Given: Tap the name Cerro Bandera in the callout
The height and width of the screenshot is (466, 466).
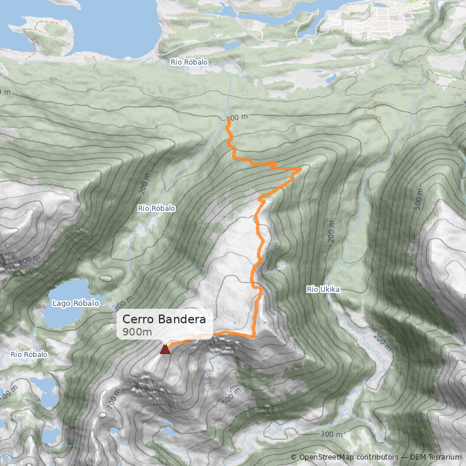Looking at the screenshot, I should [164, 320].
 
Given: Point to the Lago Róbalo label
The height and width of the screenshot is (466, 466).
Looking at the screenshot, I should [76, 303].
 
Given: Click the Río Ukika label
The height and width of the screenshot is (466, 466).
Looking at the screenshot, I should [323, 289].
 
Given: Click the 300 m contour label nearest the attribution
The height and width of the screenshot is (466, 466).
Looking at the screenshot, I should [331, 435].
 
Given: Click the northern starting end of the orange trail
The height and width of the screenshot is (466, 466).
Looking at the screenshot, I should [228, 118].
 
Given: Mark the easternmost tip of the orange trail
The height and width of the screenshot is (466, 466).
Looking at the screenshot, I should [301, 169].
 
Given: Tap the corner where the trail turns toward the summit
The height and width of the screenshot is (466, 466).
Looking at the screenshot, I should [254, 336].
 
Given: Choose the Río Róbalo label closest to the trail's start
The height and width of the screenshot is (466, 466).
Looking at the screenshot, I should [189, 62].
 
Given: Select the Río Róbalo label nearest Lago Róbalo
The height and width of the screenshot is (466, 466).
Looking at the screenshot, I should [156, 208].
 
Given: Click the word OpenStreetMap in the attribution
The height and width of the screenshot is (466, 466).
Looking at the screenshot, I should [327, 457].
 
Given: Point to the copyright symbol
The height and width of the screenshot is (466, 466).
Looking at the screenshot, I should [294, 457].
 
